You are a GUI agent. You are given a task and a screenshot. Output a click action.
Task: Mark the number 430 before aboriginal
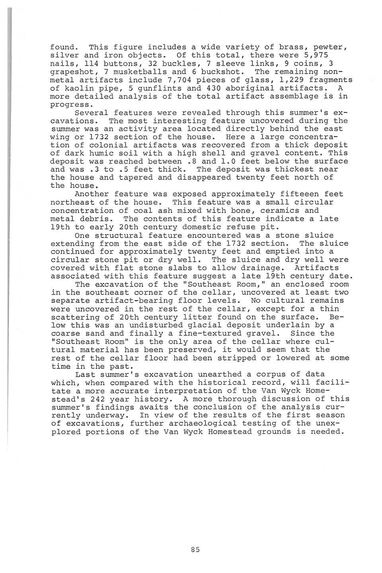click(x=180, y=88)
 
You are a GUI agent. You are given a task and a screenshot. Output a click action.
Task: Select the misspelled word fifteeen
click(x=279, y=194)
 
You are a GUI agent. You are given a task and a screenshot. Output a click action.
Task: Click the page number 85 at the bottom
click(x=195, y=550)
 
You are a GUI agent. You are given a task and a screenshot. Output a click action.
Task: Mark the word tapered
click(x=136, y=177)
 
